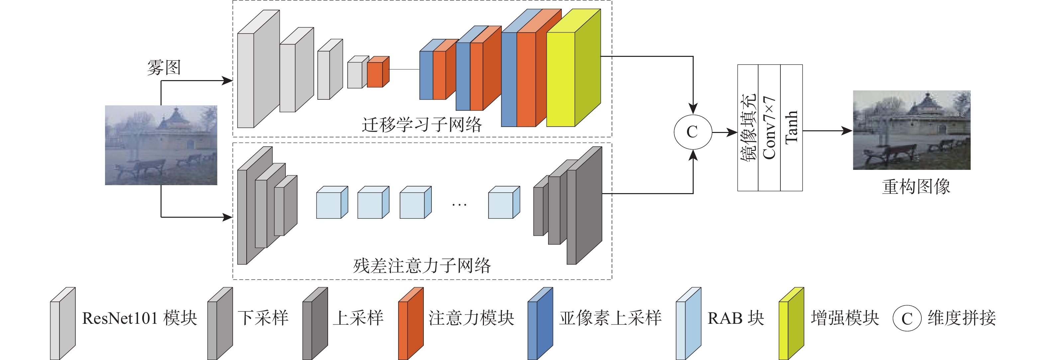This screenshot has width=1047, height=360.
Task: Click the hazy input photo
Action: tap(161, 145)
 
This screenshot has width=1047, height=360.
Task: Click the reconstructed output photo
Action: tap(911, 130)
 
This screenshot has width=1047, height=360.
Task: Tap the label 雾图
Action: tap(164, 67)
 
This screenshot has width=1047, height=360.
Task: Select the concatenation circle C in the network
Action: tap(693, 132)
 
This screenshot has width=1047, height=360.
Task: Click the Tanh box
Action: tap(791, 128)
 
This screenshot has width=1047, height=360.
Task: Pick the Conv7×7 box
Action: tap(769, 128)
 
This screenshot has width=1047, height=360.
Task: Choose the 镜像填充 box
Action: tap(748, 128)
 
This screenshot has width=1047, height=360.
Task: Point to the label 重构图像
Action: tap(916, 187)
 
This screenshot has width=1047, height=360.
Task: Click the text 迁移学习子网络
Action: tap(421, 125)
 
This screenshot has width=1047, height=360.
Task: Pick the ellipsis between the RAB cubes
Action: tap(459, 204)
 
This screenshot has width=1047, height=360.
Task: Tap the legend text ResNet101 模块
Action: tap(139, 318)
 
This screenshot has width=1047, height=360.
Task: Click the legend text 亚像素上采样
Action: tap(610, 318)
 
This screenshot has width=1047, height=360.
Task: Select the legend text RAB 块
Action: tap(736, 318)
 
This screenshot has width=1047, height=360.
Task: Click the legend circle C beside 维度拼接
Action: tap(907, 318)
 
